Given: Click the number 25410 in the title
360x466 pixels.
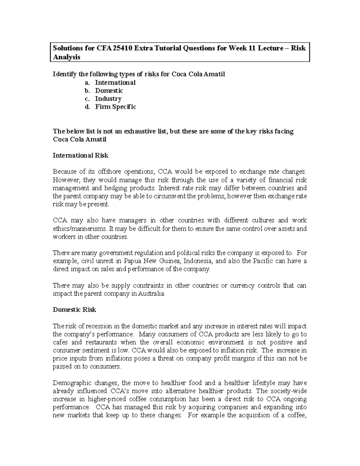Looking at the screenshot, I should pos(120,48).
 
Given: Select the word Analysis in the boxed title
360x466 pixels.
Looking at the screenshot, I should pos(67,57).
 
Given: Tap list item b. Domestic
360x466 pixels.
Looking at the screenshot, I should pos(109,91).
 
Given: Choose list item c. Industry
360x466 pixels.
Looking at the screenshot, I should pos(108,99).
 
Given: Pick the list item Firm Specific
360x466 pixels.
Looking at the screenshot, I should pos(115,107).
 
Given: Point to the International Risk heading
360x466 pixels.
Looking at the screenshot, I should pos(80,155).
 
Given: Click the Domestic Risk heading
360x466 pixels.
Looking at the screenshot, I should pos(74,310).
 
